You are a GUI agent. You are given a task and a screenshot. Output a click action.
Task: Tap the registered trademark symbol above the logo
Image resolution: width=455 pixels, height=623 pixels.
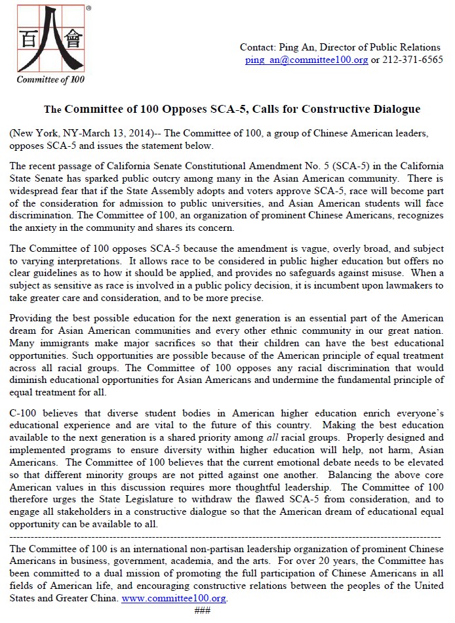(89, 10)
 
